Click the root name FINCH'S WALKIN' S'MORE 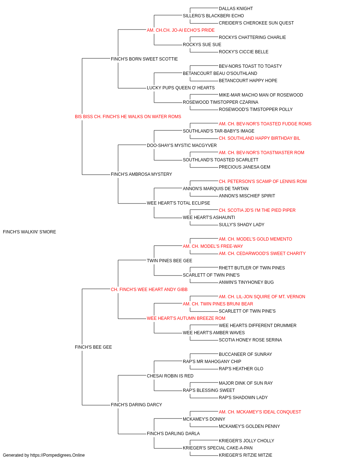[x=30, y=232]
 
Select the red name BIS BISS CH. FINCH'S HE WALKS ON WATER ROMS [x=128, y=117]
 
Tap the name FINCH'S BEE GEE [x=93, y=347]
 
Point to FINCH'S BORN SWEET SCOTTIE [x=144, y=59]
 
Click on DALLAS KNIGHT [x=236, y=9]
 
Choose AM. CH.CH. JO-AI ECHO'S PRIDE [x=181, y=30]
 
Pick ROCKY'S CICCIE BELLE [x=244, y=52]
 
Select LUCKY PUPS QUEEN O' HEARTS [x=181, y=88]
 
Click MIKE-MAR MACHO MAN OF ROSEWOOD [x=261, y=95]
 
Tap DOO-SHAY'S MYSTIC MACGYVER [x=182, y=145]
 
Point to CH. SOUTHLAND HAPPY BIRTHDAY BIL [x=260, y=138]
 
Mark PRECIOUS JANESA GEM [x=244, y=167]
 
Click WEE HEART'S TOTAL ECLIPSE [x=178, y=203]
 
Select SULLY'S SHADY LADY [x=242, y=225]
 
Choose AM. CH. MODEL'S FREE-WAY [x=213, y=246]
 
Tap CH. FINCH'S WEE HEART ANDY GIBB [x=149, y=290]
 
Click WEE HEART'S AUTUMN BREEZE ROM [x=186, y=318]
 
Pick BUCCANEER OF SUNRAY [x=245, y=354]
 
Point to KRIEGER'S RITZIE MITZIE [x=246, y=455]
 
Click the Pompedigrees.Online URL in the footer [x=58, y=455]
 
